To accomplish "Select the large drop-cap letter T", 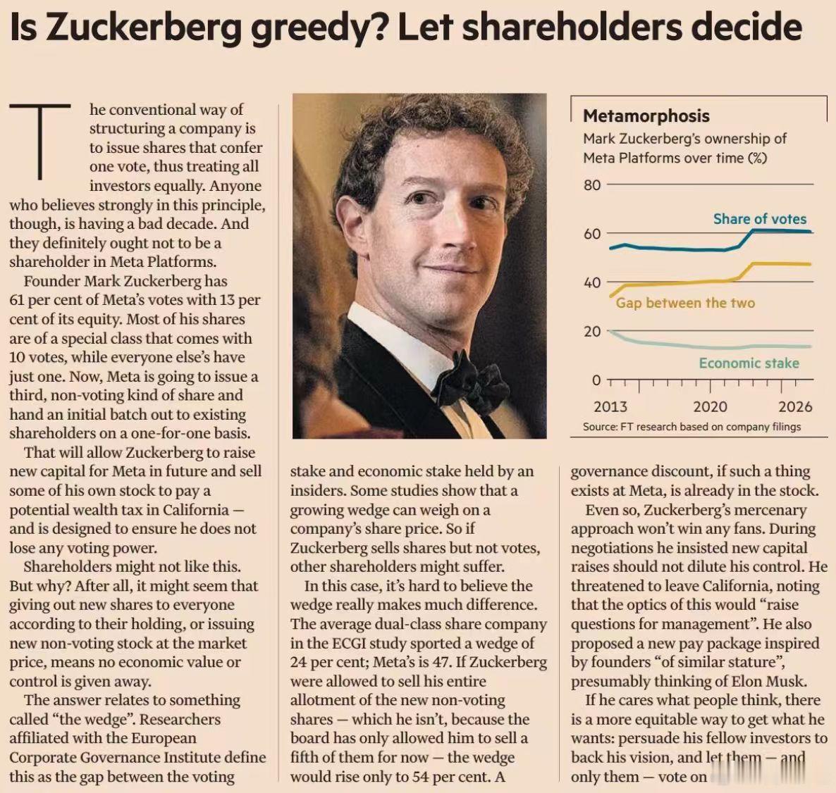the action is pyautogui.click(x=40, y=142).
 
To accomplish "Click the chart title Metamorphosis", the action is pyautogui.click(x=646, y=116).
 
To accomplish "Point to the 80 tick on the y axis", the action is pyautogui.click(x=592, y=185).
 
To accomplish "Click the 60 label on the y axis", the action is pyautogui.click(x=592, y=234).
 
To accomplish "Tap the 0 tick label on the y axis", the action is pyautogui.click(x=596, y=381).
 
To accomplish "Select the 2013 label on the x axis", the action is pyautogui.click(x=610, y=407).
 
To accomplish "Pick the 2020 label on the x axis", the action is pyautogui.click(x=710, y=407).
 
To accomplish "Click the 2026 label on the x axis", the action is pyautogui.click(x=796, y=407).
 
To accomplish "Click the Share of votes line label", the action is pyautogui.click(x=760, y=219).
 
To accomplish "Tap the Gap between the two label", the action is pyautogui.click(x=686, y=303).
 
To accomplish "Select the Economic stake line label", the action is pyautogui.click(x=749, y=363).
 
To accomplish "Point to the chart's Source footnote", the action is pyautogui.click(x=692, y=427).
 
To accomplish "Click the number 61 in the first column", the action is pyautogui.click(x=16, y=301).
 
